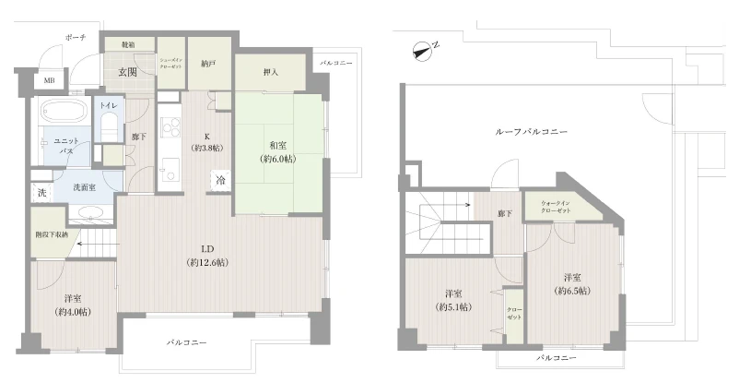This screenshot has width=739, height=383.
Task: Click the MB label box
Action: pyautogui.click(x=47, y=80)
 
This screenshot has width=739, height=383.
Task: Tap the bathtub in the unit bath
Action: pyautogui.click(x=63, y=114)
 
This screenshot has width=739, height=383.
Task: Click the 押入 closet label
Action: pyautogui.click(x=271, y=72)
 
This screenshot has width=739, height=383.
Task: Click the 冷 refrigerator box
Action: pyautogui.click(x=221, y=182)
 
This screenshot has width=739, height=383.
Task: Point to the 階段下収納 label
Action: pyautogui.click(x=52, y=235)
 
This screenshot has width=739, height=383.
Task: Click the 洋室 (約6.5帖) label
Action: pyautogui.click(x=571, y=283)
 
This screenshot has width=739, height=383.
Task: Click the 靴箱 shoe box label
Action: pyautogui.click(x=128, y=43)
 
